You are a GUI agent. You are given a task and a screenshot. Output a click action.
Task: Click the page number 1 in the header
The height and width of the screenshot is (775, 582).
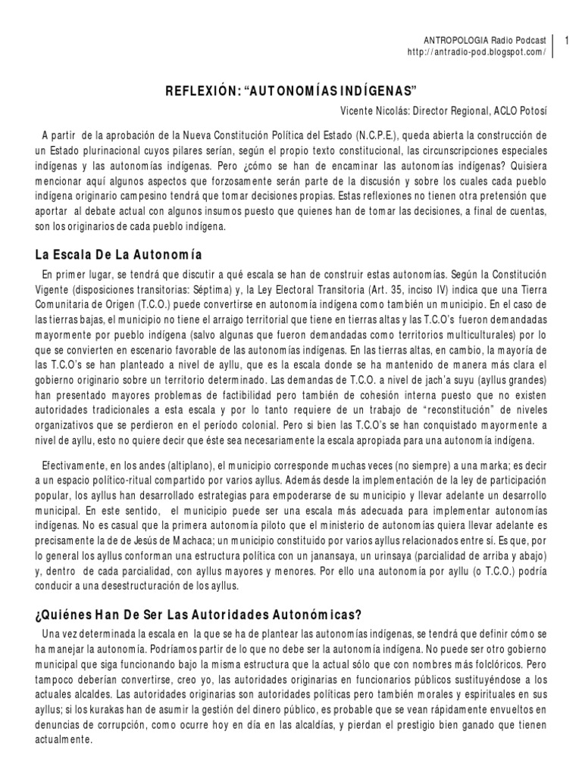click(569, 40)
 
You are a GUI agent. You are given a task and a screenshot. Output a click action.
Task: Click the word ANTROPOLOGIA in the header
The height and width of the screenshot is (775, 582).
click(450, 40)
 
